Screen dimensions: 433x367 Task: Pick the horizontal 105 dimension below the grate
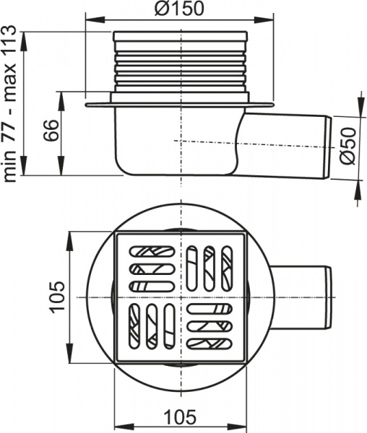point(180,417)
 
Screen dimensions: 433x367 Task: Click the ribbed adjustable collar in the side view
point(180,65)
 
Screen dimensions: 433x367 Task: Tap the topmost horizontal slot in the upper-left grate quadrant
point(152,253)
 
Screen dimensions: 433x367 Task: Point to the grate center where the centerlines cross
point(181,297)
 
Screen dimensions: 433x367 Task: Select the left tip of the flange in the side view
point(87,105)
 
